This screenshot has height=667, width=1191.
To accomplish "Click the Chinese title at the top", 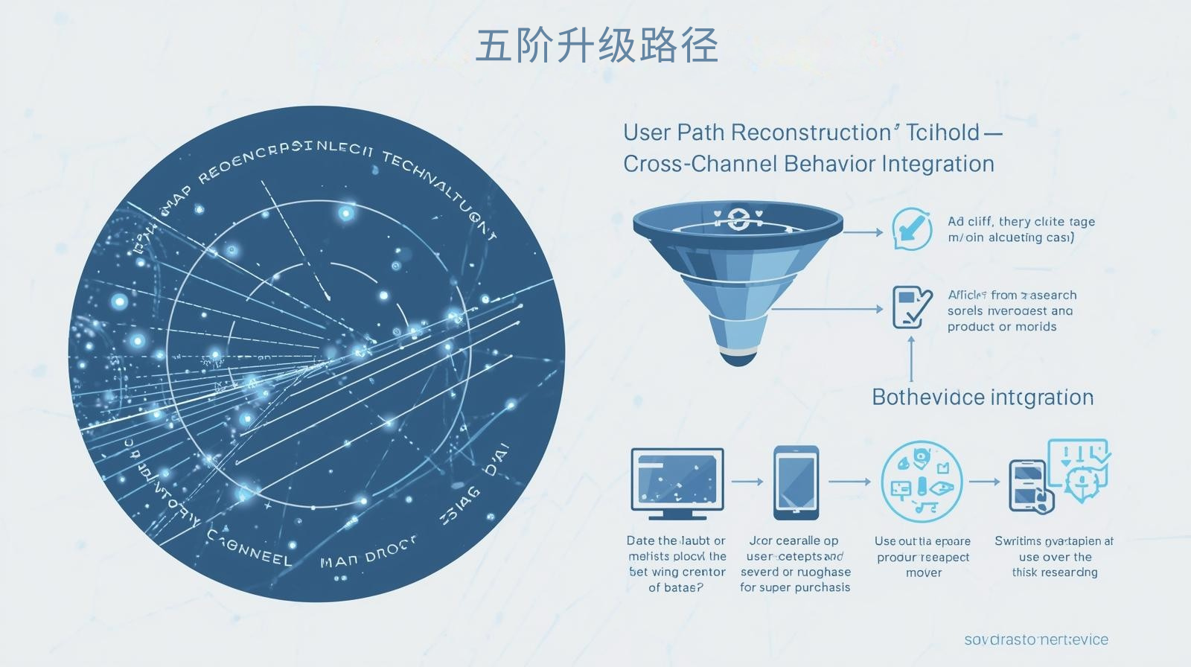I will [x=596, y=45].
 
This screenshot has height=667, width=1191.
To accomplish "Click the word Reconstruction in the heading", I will [x=811, y=133].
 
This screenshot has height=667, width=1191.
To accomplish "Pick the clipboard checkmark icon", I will [x=912, y=307].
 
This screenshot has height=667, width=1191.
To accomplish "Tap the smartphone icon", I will [x=796, y=482].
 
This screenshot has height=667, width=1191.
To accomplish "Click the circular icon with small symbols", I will [x=922, y=482].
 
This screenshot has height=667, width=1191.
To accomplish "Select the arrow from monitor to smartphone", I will [x=747, y=482].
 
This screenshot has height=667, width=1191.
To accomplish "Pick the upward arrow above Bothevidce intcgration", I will [x=911, y=359].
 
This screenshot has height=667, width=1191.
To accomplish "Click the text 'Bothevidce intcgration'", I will [x=983, y=398].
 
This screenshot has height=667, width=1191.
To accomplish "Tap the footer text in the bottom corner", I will [x=1035, y=639].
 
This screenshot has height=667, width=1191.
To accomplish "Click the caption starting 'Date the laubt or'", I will [x=676, y=541].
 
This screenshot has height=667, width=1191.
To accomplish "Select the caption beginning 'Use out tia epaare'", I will [x=923, y=541].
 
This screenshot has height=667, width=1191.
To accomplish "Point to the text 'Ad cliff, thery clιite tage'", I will [x=1021, y=222].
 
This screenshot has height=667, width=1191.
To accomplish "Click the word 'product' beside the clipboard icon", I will [x=970, y=327].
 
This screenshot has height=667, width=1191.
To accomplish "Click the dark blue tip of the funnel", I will [x=737, y=358].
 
